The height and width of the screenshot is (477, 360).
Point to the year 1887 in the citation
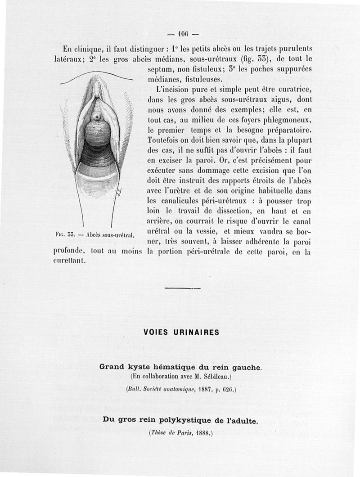point(205,388)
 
